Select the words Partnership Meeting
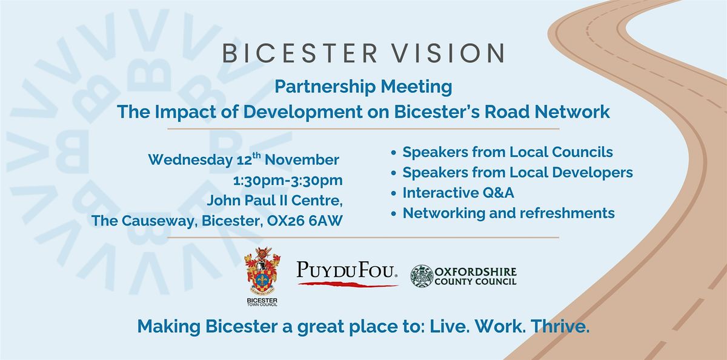(363, 87)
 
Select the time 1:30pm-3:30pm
(288, 181)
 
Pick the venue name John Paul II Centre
(275, 201)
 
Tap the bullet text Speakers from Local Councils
(508, 152)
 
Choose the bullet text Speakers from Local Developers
(517, 172)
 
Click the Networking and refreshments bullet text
(508, 213)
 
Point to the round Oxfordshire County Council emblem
(423, 275)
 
